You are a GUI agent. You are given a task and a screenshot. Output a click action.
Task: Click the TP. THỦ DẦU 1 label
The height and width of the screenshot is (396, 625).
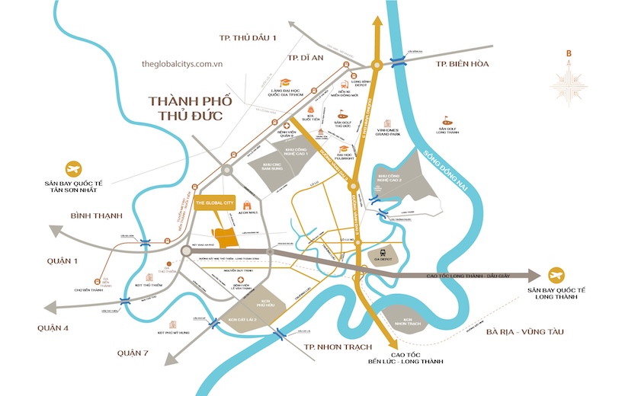point(247,38)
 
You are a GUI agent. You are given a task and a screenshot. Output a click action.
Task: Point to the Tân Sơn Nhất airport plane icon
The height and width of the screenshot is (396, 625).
point(74,168)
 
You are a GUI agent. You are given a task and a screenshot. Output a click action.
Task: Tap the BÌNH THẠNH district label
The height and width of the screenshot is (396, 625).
point(96,216)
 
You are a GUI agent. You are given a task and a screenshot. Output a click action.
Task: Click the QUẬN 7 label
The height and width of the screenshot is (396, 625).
point(135,353)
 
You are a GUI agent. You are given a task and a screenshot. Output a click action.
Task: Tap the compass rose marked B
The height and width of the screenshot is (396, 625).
point(568,85)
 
